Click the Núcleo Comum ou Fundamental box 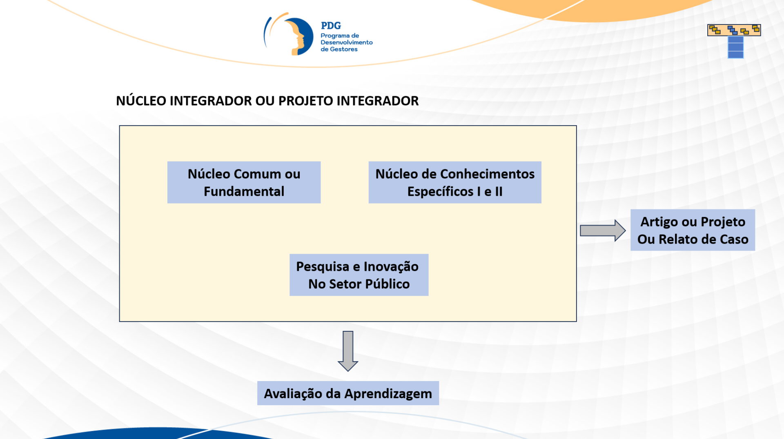[x=244, y=182]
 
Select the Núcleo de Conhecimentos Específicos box [x=454, y=182]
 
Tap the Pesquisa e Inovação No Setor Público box [x=359, y=275]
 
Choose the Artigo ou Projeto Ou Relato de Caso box [x=693, y=230]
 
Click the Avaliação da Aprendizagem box [x=348, y=393]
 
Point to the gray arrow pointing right [x=602, y=231]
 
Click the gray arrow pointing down [x=348, y=350]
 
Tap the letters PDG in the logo [x=331, y=26]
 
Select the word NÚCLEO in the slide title [x=141, y=101]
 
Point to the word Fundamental [x=244, y=191]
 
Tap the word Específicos [x=440, y=191]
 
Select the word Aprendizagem [x=388, y=394]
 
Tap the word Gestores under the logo [x=343, y=49]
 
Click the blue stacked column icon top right [x=735, y=47]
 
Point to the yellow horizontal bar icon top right [x=734, y=30]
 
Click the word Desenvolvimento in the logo [x=346, y=42]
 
